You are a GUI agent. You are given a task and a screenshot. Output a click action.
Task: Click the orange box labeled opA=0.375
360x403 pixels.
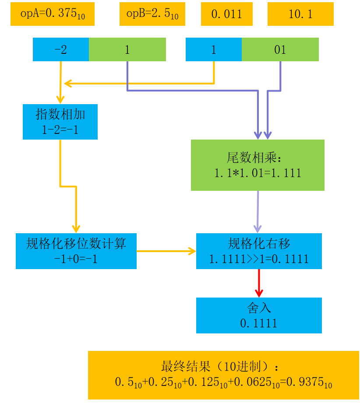point(53,14)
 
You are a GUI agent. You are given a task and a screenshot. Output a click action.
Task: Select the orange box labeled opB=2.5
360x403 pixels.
point(152,14)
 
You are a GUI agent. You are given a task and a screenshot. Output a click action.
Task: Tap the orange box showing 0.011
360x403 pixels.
point(226,14)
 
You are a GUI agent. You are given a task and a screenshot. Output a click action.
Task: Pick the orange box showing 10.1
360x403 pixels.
point(300,14)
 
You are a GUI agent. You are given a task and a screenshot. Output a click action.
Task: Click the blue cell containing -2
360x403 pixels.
point(61,49)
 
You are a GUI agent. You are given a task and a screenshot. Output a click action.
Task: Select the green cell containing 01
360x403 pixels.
point(280,49)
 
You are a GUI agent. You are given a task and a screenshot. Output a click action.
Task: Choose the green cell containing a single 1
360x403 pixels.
point(127,49)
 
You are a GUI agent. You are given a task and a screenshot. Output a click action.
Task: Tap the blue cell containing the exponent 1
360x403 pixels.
point(214,49)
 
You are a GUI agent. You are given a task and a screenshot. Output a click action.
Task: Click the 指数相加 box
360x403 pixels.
point(60,122)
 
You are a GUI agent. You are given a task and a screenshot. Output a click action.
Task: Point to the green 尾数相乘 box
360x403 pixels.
point(258,165)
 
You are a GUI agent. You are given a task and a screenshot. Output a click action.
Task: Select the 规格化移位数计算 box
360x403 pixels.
point(76,251)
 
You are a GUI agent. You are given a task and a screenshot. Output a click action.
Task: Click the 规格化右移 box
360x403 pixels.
point(259,251)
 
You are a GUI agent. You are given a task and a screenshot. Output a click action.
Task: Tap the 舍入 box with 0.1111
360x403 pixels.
point(259,315)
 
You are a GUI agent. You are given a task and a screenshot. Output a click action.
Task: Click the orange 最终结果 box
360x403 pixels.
point(223,375)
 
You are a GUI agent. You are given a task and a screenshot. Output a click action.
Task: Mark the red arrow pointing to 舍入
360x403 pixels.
point(259,283)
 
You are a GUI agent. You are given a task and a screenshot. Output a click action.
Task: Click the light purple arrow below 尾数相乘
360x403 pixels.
point(258,212)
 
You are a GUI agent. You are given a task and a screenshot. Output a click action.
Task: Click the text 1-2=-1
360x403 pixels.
point(60,130)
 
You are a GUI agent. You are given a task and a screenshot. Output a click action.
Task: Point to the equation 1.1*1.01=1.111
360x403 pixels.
point(258,173)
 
